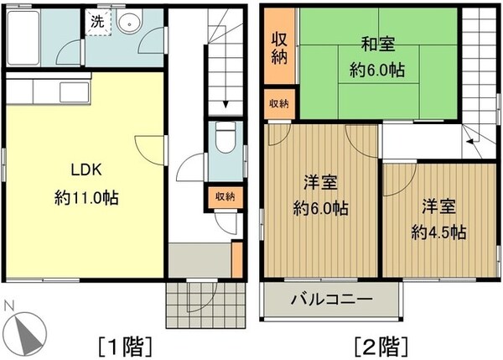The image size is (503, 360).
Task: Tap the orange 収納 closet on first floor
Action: click(x=224, y=197)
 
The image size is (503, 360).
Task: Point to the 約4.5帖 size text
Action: click(x=438, y=232)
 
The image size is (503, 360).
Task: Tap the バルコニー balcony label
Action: click(x=331, y=298)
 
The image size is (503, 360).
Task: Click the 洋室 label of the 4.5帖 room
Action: click(x=438, y=204)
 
